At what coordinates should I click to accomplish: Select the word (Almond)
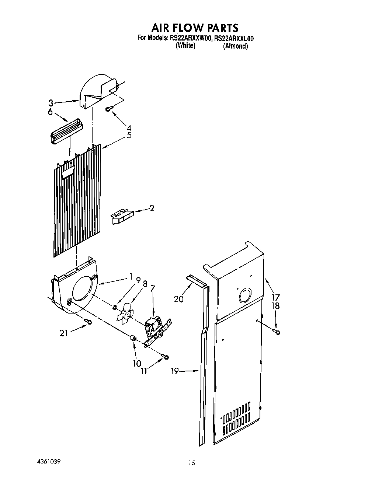pos(235,46)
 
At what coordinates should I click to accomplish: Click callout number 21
pos(64,333)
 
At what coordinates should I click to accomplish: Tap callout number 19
pos(174,371)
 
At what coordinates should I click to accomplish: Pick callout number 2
pos(152,209)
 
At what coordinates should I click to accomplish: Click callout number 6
pos(50,112)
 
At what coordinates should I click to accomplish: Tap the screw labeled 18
pos(277,332)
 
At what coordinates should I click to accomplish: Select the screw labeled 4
pos(109,109)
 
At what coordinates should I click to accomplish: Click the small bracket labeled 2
pos(121,215)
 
